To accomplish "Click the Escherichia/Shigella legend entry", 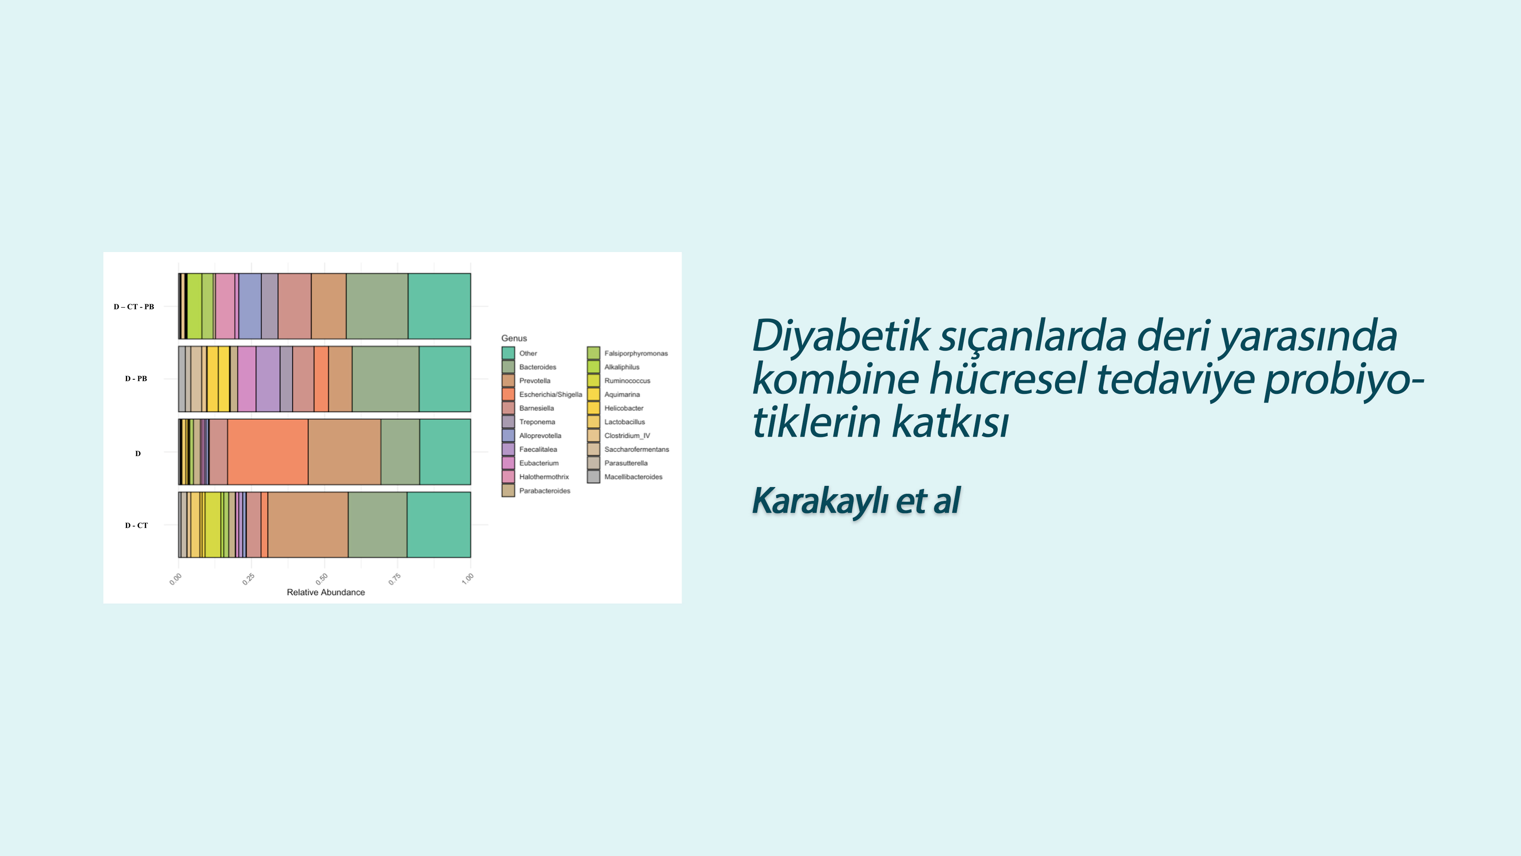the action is pyautogui.click(x=542, y=394).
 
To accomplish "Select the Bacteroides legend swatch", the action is pyautogui.click(x=508, y=367).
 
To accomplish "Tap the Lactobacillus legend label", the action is pyautogui.click(x=624, y=422).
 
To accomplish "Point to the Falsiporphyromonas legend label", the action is pyautogui.click(x=636, y=353).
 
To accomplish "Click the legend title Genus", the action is pyautogui.click(x=514, y=338).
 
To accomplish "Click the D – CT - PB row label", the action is pyautogui.click(x=134, y=307).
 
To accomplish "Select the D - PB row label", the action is pyautogui.click(x=136, y=379).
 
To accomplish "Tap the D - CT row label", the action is pyautogui.click(x=136, y=525).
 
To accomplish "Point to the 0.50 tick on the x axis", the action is pyautogui.click(x=322, y=578).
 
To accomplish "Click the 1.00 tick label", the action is pyautogui.click(x=468, y=578).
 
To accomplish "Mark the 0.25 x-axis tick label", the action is pyautogui.click(x=249, y=578).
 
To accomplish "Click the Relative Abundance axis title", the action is pyautogui.click(x=326, y=592).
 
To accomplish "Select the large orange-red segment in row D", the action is pyautogui.click(x=267, y=452).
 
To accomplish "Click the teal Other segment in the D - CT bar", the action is pyautogui.click(x=439, y=525).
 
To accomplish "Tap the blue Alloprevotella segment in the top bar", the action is pyautogui.click(x=250, y=306).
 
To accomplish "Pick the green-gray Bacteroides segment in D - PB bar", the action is pyautogui.click(x=385, y=379).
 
